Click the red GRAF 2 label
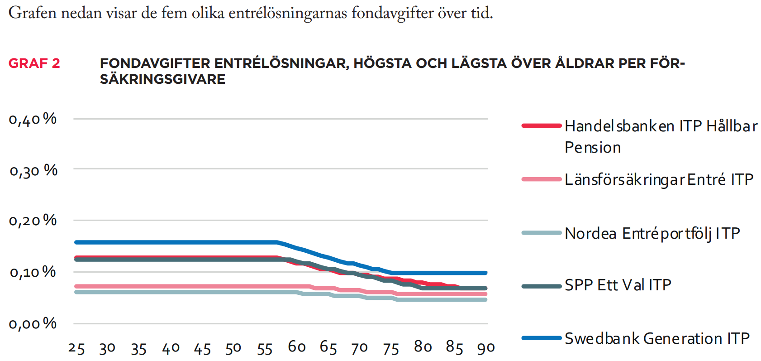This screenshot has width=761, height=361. coord(34,63)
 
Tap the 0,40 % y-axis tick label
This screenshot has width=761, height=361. coord(33,119)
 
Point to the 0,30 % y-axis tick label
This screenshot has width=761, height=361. coord(33,171)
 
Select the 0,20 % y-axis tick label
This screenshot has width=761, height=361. coord(33,221)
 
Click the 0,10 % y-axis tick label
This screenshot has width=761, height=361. coord(33,272)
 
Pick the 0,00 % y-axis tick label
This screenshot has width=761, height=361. coord(33,324)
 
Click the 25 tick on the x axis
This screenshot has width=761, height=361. coord(76,348)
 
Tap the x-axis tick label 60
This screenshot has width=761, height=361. coord(297,347)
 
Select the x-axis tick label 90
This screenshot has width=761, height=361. coord(485,348)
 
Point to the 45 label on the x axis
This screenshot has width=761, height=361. coord(202,349)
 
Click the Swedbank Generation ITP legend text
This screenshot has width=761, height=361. coord(657,338)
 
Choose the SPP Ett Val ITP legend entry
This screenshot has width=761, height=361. coord(618,285)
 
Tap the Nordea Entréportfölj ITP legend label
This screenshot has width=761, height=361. coord(652,233)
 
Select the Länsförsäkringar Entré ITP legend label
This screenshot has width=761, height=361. coord(659,180)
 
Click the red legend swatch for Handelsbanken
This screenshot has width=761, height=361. coord(541,125)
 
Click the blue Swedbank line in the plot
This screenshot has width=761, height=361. coord(181,242)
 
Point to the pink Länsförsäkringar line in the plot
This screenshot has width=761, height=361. coord(181,286)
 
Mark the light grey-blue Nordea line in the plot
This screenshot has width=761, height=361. coord(181,292)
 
